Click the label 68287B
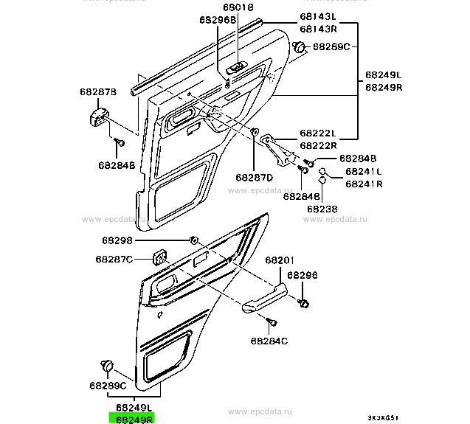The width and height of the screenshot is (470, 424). pyautogui.click(x=99, y=93)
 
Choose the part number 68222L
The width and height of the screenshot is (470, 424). pyautogui.click(x=317, y=134)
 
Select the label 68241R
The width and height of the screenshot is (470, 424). pyautogui.click(x=364, y=184)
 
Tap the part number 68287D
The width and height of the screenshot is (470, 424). pyautogui.click(x=255, y=177)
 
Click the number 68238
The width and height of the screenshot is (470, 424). pyautogui.click(x=322, y=209)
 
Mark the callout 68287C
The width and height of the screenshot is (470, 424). pyautogui.click(x=114, y=259)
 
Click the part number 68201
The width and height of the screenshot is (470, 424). pyautogui.click(x=280, y=260)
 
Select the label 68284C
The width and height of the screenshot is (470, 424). pyautogui.click(x=269, y=341)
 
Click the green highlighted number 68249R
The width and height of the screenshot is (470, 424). pyautogui.click(x=131, y=417)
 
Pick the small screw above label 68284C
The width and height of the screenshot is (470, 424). pyautogui.click(x=272, y=323)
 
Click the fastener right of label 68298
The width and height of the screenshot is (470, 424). pyautogui.click(x=193, y=240)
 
